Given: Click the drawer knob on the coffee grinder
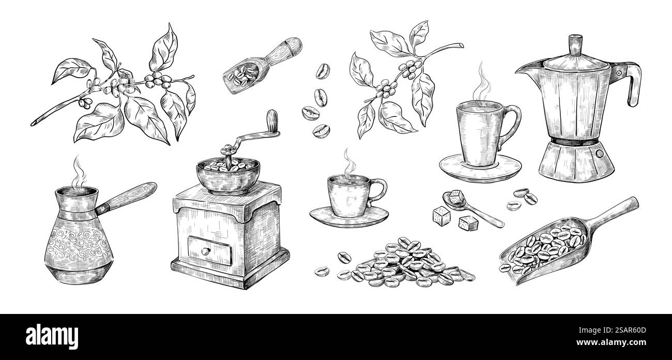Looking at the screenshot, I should [205, 251].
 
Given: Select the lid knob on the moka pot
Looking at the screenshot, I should [575, 44].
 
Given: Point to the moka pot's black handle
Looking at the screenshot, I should [632, 83].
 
